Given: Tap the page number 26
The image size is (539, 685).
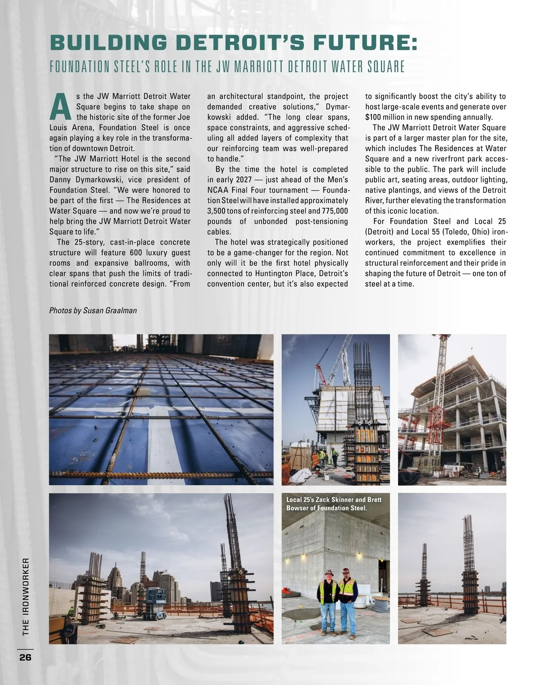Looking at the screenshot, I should coord(25,658).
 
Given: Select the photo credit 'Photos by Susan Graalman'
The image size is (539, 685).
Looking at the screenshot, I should coord(93,310).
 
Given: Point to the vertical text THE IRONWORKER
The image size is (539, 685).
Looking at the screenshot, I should coord(26,596).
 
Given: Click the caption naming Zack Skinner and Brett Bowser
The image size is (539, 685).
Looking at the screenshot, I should coord(334,504).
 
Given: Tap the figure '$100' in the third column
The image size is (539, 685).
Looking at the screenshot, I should coord(373,117).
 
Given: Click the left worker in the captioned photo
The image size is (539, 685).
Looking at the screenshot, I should coord(328,600).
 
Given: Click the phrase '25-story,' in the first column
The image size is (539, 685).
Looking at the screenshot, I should coord(85,242).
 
